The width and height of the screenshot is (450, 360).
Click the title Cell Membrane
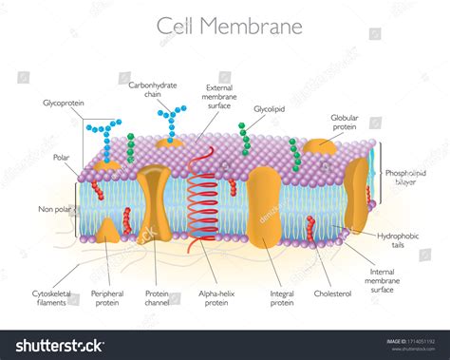(x=230, y=27)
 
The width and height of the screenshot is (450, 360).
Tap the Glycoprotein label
(x=63, y=103)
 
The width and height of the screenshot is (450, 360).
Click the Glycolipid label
(x=271, y=109)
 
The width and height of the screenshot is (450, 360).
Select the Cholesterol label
(x=333, y=294)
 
